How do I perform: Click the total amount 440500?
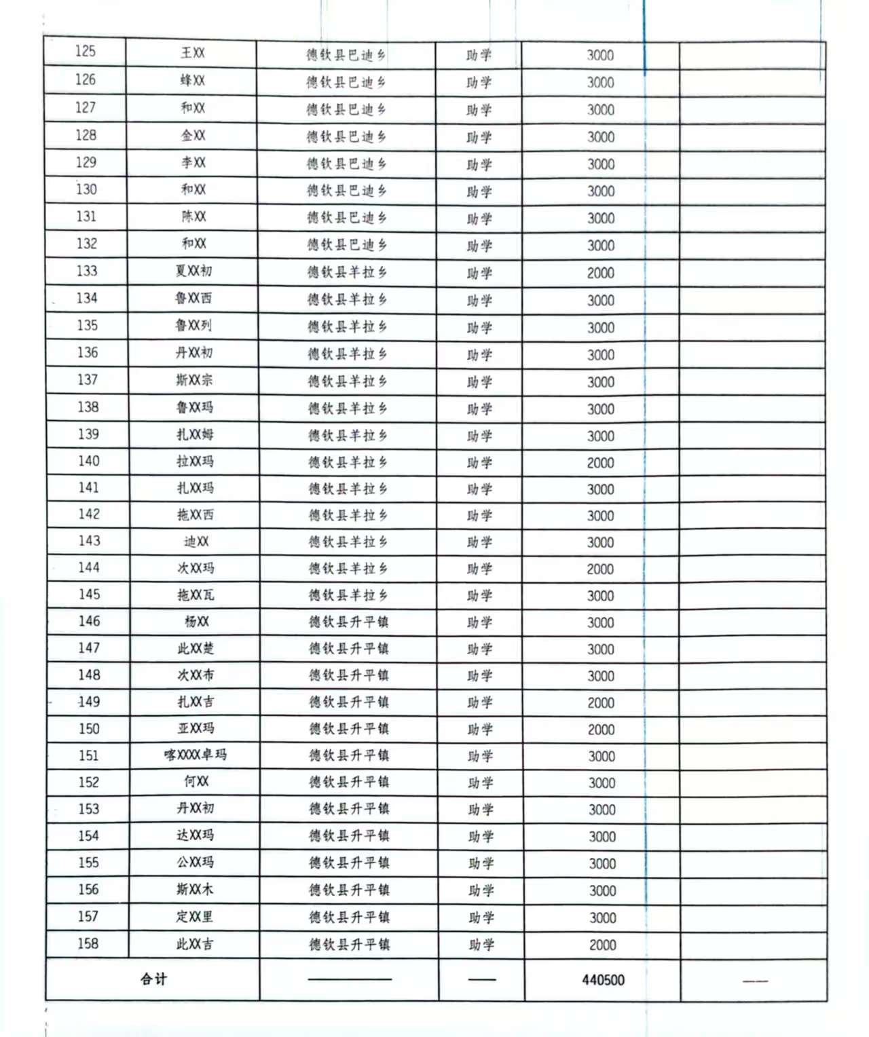point(603,979)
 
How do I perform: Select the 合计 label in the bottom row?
point(153,979)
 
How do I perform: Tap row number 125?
point(86,52)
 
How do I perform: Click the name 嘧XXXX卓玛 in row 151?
point(196,755)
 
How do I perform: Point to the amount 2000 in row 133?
point(601,273)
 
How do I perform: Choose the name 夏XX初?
point(193,271)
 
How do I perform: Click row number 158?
point(88,943)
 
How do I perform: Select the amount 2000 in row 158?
point(602,945)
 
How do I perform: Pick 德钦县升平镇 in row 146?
point(349,622)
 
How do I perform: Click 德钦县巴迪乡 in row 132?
point(346,245)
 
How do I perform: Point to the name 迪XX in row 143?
point(196,541)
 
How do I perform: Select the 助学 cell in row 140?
point(479,462)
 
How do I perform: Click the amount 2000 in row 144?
point(601,569)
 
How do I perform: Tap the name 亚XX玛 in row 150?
point(196,728)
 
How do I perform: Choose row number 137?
point(88,379)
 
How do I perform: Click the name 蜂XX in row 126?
point(193,80)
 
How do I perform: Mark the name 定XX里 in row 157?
point(195,916)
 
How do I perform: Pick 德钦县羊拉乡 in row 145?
point(348,595)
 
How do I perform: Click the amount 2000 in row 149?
point(601,702)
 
